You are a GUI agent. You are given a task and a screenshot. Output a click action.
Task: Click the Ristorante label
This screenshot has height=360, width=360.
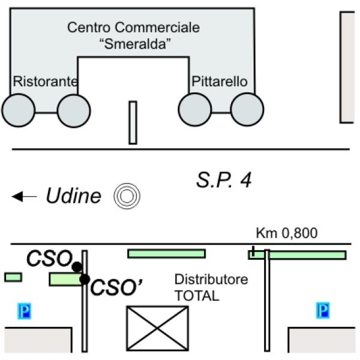[46, 82]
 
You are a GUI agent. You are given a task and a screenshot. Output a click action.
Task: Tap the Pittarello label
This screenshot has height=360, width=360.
[219, 82]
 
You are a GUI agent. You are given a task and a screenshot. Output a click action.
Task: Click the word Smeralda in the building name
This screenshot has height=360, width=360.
[133, 43]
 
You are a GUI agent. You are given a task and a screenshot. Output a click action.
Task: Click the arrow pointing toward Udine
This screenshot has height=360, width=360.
[25, 196]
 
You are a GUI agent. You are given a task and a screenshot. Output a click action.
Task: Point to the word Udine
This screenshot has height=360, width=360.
[74, 196]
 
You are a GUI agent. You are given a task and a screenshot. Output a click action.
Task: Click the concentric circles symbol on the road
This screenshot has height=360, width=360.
[127, 195]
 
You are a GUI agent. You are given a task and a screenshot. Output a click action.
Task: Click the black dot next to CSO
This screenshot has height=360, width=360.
[77, 267]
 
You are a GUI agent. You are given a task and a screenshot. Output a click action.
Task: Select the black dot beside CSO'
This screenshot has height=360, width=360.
[85, 279]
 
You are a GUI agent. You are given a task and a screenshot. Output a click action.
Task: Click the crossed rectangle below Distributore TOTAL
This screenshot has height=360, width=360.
[157, 328]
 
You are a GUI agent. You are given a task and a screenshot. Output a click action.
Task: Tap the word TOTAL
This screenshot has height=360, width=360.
[196, 296]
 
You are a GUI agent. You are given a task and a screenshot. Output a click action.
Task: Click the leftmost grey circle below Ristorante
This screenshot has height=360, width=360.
[19, 111]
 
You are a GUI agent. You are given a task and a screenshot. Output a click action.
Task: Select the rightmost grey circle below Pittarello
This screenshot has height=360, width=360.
[247, 110]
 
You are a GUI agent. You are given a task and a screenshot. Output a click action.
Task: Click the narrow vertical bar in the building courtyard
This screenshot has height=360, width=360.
[133, 122]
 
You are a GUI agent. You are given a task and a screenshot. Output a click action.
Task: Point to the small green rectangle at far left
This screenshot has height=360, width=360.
[13, 277]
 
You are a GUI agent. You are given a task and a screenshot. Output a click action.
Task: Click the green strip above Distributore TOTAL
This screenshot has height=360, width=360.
[166, 253]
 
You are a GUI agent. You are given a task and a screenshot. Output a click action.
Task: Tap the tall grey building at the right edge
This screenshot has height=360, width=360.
[348, 66]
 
